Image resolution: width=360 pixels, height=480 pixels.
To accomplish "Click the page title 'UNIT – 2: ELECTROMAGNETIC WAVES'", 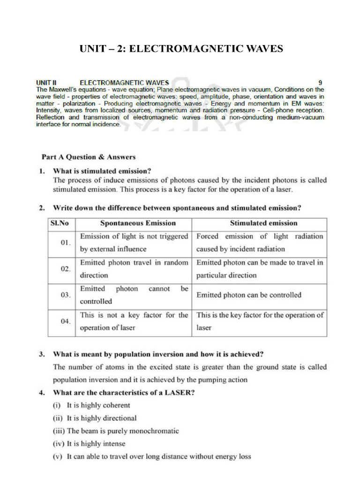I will point(181,49).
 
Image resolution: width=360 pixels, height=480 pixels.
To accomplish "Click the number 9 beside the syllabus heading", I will point(320,82).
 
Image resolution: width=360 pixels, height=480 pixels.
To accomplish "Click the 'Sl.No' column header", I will point(60,223).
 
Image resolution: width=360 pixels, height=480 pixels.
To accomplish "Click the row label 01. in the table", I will point(65,243).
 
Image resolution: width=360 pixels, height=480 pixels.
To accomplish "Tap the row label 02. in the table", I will point(65,269).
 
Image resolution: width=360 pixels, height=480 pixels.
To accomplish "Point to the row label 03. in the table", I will point(65,295).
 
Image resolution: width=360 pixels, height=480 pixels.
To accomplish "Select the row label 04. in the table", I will point(65,322).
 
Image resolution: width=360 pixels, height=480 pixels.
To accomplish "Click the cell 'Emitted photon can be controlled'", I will point(248,295).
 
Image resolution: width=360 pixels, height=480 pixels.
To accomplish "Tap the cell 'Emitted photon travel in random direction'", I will point(134,269).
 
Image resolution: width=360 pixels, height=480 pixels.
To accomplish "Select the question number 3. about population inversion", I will point(42,354).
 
